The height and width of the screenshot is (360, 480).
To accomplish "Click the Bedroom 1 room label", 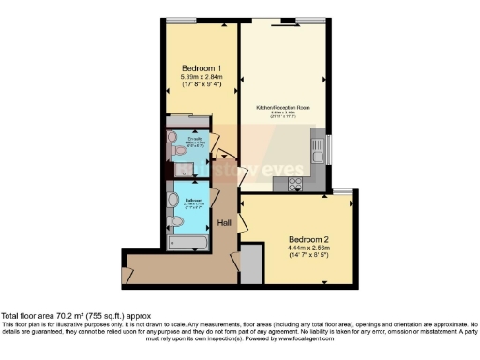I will [x=201, y=67].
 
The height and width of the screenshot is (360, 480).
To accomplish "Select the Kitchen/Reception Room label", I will [x=283, y=108].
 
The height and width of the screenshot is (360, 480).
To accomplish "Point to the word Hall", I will [x=225, y=223].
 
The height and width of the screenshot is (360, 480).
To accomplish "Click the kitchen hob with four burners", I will [x=296, y=183].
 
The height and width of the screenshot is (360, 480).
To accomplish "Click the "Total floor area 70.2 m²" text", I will [x=75, y=317].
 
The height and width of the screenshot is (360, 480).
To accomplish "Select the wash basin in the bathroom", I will [x=172, y=200].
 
